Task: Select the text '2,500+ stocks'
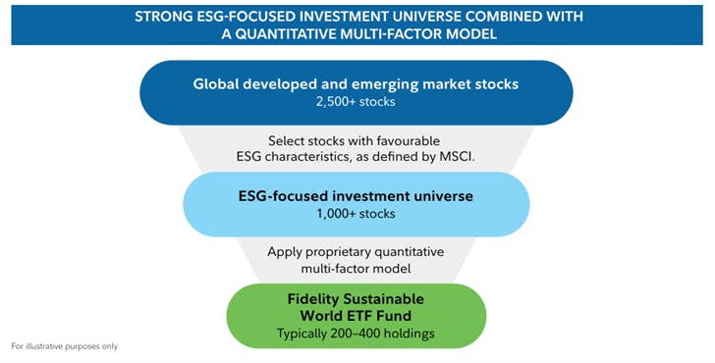[357, 101]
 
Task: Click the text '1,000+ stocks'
[357, 213]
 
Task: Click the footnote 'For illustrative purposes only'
[64, 346]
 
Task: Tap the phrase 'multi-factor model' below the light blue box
[357, 268]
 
